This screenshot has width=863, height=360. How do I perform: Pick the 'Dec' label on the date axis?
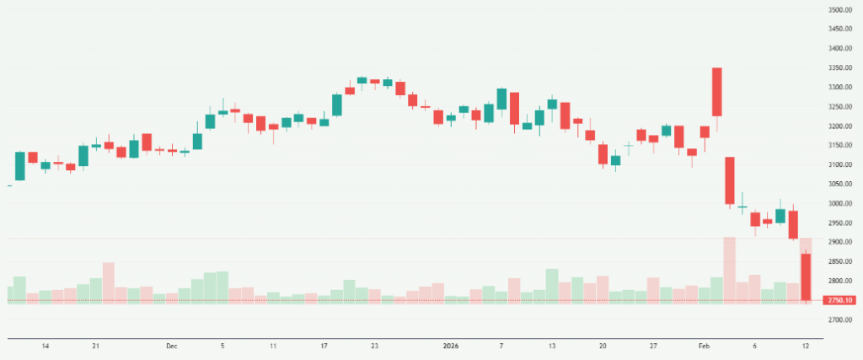pyautogui.click(x=172, y=346)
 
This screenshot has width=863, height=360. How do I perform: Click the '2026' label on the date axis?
pyautogui.click(x=451, y=346)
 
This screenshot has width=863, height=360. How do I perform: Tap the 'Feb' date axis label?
pyautogui.click(x=704, y=346)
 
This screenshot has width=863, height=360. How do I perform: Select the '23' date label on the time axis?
pyautogui.click(x=375, y=346)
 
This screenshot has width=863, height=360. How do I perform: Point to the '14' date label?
pyautogui.click(x=46, y=346)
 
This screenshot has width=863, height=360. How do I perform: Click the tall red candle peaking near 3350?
pyautogui.click(x=717, y=92)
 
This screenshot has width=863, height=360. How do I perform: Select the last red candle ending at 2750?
pyautogui.click(x=806, y=277)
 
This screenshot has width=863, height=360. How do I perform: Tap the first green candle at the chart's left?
pyautogui.click(x=20, y=166)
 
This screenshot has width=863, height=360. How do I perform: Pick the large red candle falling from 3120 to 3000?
pyautogui.click(x=730, y=180)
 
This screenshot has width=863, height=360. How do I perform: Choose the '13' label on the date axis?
pyautogui.click(x=552, y=346)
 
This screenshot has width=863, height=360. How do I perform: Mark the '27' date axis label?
pyautogui.click(x=654, y=346)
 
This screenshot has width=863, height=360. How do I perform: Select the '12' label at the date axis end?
pyautogui.click(x=806, y=346)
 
